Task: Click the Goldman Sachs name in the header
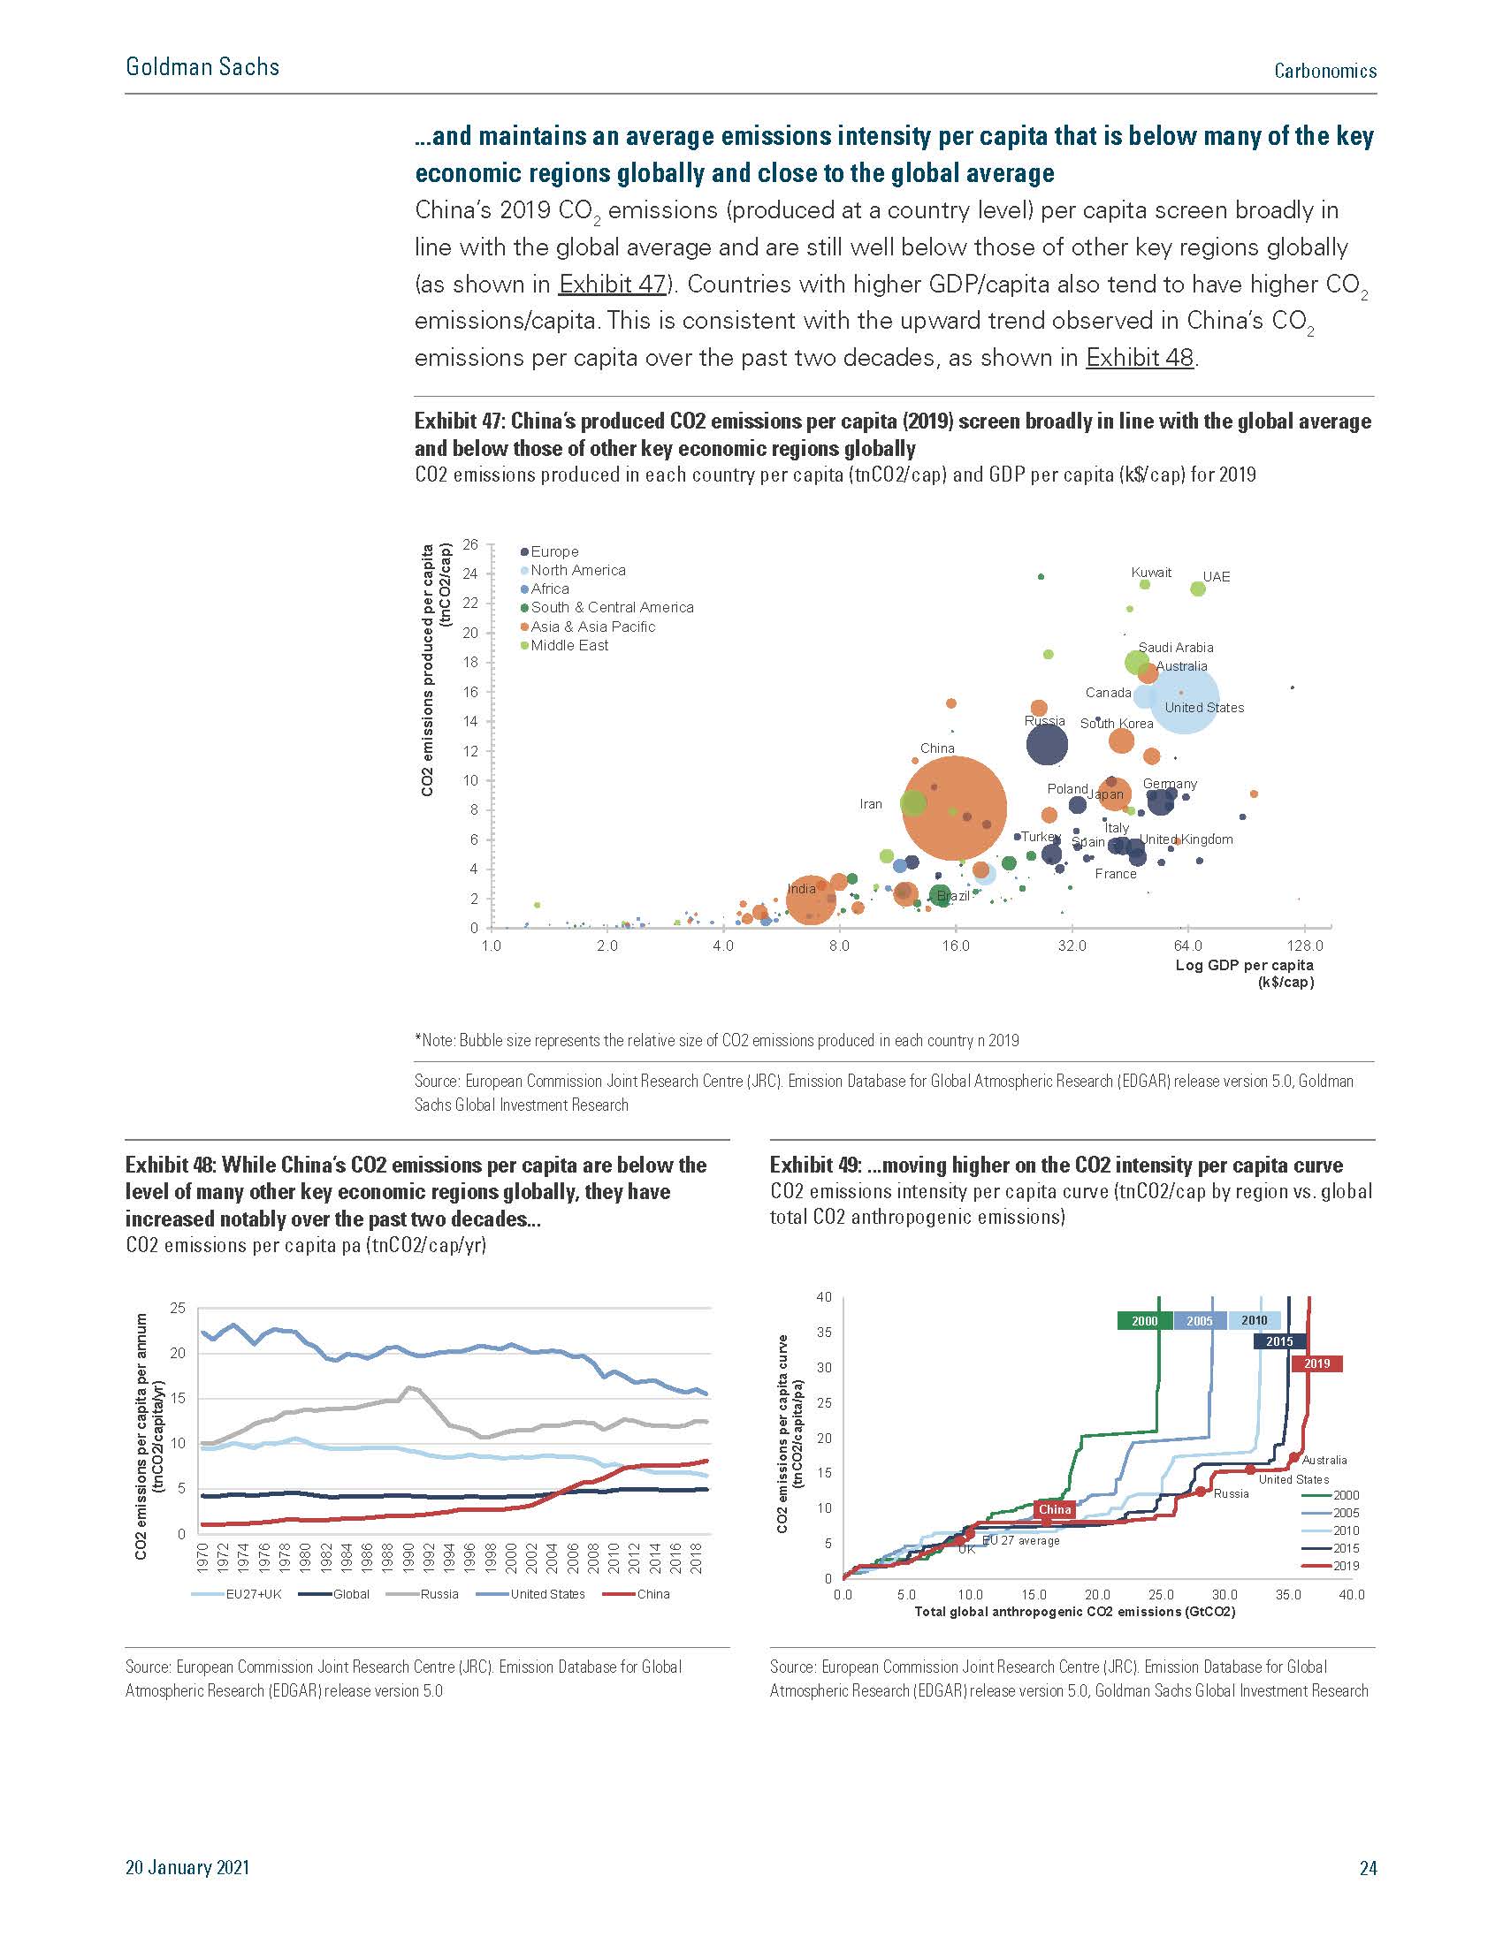point(202,67)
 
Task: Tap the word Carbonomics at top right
point(1325,72)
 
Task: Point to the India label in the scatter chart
point(801,888)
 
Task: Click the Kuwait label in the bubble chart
point(1150,573)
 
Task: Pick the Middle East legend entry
point(569,645)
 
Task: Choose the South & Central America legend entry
point(612,607)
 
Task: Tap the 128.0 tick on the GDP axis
point(1305,946)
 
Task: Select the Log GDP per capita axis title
point(1244,966)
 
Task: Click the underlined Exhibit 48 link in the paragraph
point(1139,358)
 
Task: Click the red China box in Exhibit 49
point(1054,1509)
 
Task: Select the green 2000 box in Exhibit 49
point(1144,1321)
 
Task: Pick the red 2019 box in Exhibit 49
point(1316,1363)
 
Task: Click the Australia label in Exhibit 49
point(1324,1461)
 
